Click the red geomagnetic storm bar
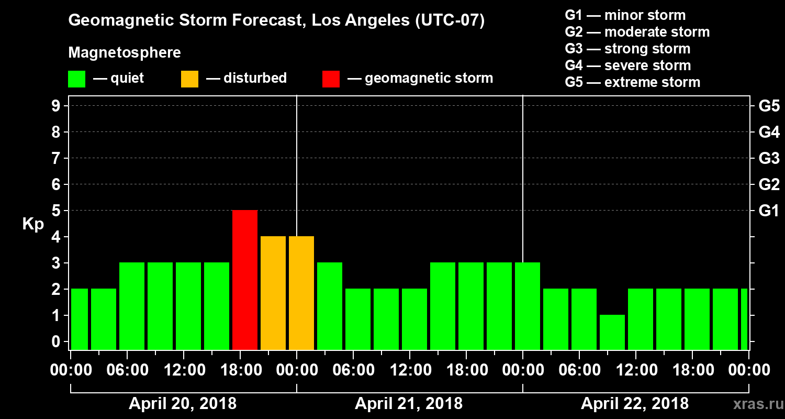(245, 280)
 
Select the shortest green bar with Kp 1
(612, 332)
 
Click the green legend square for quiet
(77, 79)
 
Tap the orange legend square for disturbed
(189, 79)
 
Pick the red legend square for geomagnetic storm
(331, 79)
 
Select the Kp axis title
(33, 224)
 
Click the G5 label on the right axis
(769, 106)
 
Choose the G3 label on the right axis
(769, 159)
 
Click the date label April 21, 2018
(409, 404)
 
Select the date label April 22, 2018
(635, 404)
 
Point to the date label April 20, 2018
(183, 404)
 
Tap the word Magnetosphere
(125, 53)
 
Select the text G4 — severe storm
(628, 65)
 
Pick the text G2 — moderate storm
(637, 32)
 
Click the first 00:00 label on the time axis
(71, 370)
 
